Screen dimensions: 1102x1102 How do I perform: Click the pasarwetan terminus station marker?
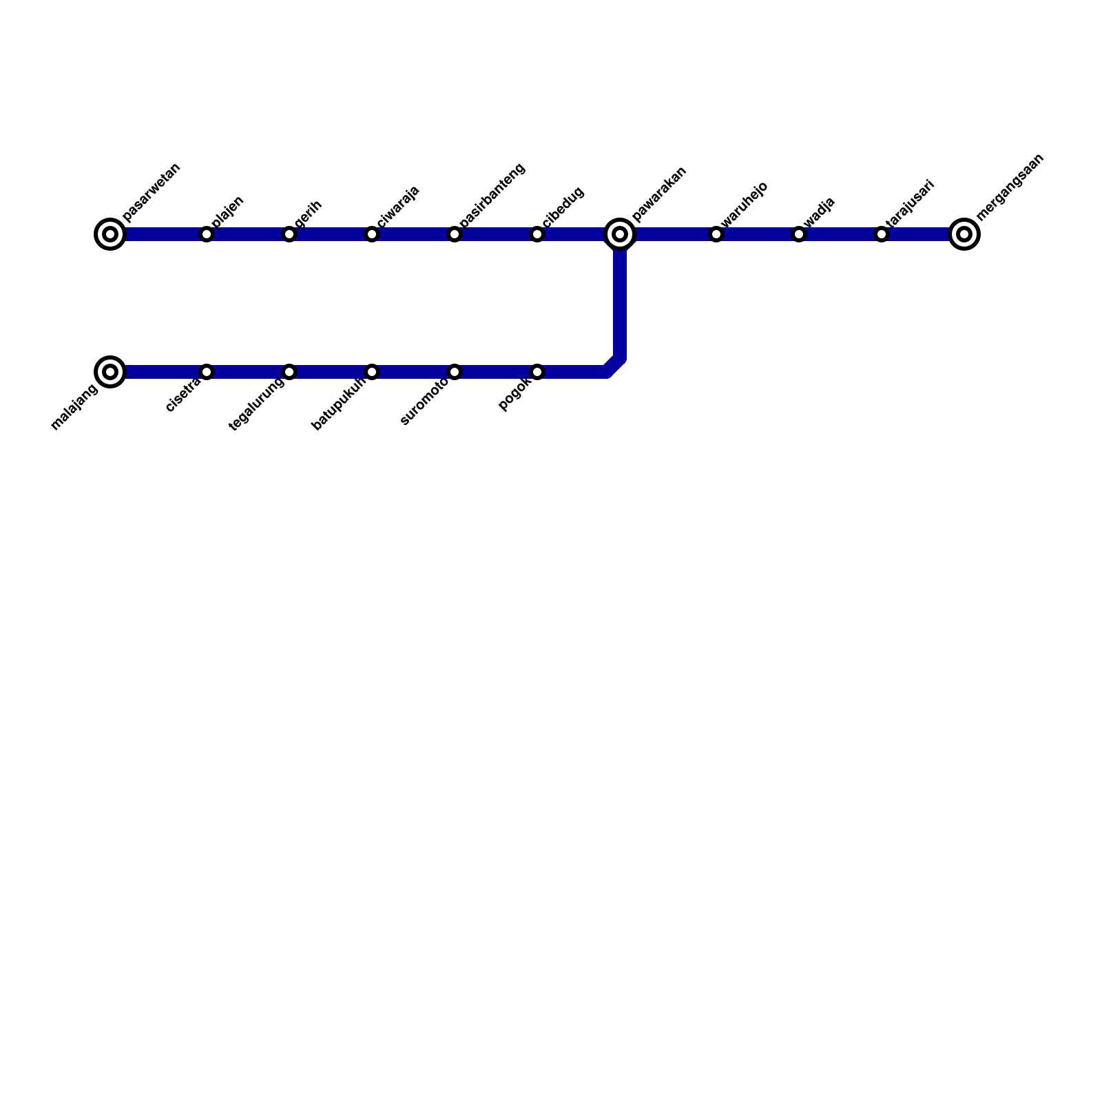[x=110, y=234]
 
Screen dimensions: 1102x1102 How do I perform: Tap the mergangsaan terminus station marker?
[x=964, y=234]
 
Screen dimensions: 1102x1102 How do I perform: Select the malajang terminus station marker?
[x=110, y=372]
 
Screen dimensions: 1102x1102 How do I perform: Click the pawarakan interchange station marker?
[x=620, y=234]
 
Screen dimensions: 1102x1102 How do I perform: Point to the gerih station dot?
[x=289, y=234]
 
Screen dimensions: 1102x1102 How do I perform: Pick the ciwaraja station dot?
[x=372, y=234]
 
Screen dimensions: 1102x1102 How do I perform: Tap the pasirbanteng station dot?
[x=455, y=234]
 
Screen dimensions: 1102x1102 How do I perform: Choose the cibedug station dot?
[x=537, y=234]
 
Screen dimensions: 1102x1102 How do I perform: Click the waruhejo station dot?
[x=716, y=234]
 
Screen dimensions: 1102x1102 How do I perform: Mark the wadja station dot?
[x=799, y=234]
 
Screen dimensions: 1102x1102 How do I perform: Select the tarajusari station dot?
[x=882, y=234]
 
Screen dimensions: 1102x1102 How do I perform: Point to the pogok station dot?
[x=537, y=372]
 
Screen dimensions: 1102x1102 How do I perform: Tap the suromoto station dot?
[x=455, y=372]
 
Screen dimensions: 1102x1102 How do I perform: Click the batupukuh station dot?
[x=372, y=372]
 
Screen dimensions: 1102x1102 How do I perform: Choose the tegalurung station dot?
[x=289, y=372]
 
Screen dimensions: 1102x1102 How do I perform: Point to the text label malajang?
[x=74, y=409]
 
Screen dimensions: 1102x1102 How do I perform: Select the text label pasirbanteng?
[x=492, y=195]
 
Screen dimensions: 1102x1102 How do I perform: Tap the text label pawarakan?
[x=659, y=195]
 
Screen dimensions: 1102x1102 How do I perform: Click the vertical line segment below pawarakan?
[x=620, y=303]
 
